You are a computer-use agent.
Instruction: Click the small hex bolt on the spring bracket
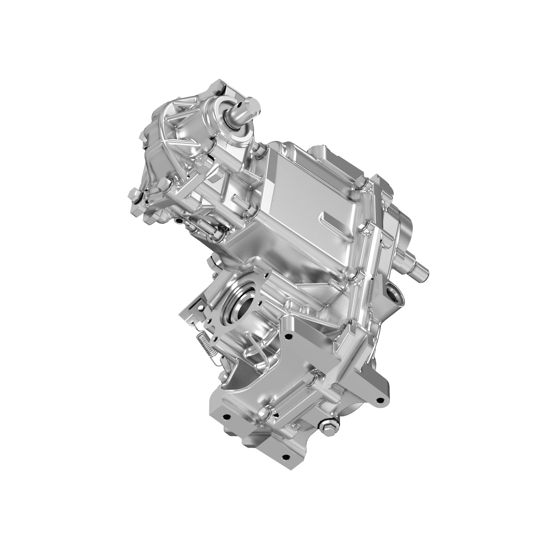[x=201, y=308]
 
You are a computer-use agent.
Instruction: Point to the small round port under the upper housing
[x=178, y=222]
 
